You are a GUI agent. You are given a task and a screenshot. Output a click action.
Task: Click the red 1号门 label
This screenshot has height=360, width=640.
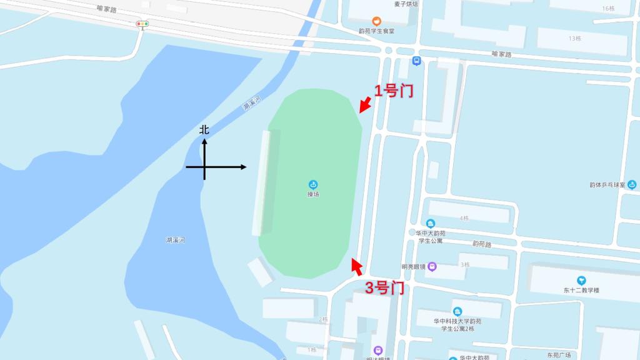click(x=394, y=91)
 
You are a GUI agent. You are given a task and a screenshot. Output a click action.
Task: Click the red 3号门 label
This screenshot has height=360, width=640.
click(x=384, y=288)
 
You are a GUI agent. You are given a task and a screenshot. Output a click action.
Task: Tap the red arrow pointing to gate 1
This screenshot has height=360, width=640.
click(x=365, y=104)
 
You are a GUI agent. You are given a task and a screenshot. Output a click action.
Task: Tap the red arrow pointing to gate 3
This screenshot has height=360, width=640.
click(x=357, y=267)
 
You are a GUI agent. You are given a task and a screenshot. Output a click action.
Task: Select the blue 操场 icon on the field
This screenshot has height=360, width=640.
click(x=313, y=184)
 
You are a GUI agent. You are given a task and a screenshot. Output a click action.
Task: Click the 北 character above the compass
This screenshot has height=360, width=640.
click(x=204, y=130)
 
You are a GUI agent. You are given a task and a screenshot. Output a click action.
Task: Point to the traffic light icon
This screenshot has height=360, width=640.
click(x=142, y=24)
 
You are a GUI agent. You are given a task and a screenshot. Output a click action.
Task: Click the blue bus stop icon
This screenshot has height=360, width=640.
click(x=417, y=61)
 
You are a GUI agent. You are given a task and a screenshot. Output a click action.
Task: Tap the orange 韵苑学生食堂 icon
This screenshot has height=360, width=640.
click(x=376, y=21)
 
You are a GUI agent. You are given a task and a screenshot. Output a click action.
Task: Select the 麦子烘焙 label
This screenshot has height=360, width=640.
click(x=406, y=4)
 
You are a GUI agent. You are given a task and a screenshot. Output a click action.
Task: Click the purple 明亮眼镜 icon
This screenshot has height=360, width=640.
click(x=432, y=267)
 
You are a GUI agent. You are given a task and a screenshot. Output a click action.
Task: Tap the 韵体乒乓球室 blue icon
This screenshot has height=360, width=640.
click(x=632, y=184)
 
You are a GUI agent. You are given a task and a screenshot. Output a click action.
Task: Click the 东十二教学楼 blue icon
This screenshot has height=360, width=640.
click(x=582, y=281)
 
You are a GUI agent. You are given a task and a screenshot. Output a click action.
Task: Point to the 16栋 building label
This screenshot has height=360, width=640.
click(x=608, y=9)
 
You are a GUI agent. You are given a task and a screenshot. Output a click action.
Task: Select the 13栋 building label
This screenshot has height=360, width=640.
click(x=575, y=39)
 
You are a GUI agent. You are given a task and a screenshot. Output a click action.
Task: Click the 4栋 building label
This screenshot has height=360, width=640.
click(x=464, y=218)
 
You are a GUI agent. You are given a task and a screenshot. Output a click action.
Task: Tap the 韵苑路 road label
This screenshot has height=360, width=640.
click(x=481, y=244)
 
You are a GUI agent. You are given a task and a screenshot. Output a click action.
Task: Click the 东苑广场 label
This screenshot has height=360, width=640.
click(x=559, y=355)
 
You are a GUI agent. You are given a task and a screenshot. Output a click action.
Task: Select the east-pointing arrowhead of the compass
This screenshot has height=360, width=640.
click(x=243, y=167)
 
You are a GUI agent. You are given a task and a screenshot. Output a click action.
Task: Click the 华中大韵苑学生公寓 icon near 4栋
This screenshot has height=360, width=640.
click(x=431, y=224)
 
